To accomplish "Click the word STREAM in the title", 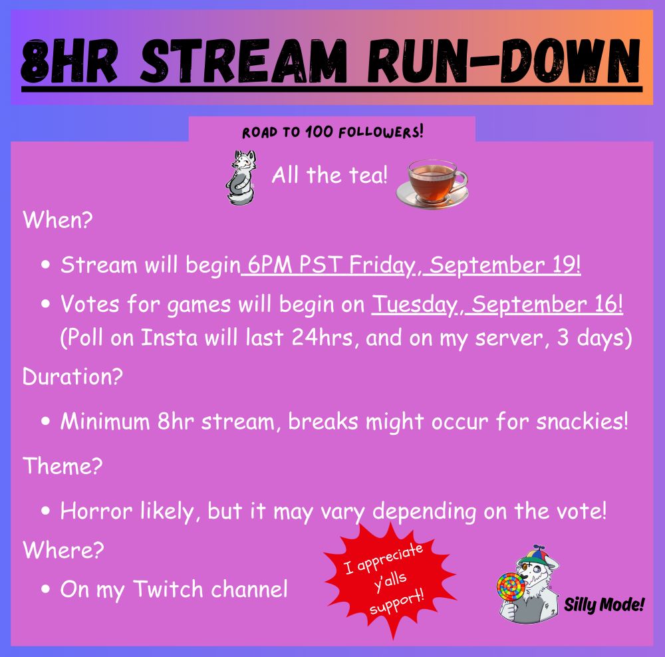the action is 243,61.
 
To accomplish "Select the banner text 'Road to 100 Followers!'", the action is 332,132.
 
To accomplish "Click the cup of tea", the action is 432,183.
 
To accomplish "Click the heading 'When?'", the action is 58,219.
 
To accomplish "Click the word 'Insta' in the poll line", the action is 169,338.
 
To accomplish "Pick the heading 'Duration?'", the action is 72,376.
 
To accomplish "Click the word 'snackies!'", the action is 582,421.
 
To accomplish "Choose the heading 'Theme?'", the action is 63,465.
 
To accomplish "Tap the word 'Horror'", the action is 96,511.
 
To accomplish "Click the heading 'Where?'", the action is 63,550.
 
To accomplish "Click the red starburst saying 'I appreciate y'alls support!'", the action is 389,581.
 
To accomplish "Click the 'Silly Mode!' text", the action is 604,604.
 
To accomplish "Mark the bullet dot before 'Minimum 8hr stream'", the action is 45,422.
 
